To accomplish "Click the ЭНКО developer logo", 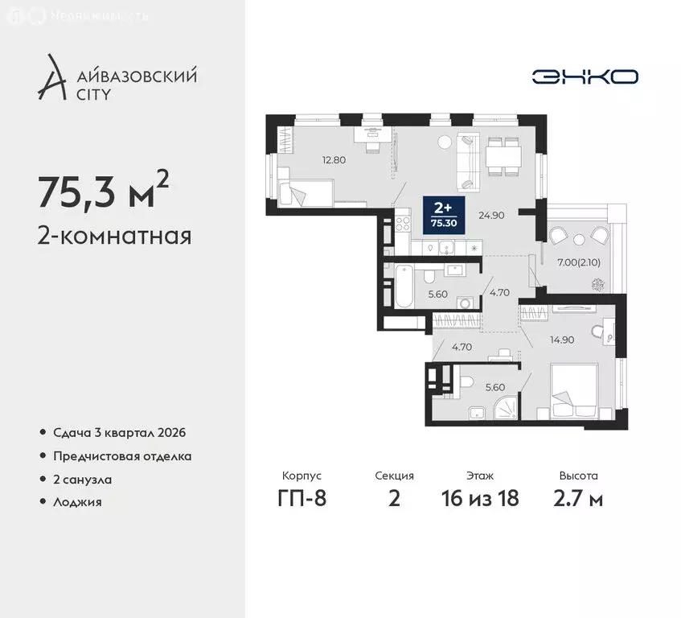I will point(585,76).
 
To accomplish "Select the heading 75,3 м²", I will point(103,192).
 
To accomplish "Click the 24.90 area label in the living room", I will point(490,215).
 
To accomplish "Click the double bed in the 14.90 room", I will point(572,389).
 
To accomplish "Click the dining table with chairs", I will point(502,155).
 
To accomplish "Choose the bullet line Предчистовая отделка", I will point(122,455).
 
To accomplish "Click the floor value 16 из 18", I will point(482,498).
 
